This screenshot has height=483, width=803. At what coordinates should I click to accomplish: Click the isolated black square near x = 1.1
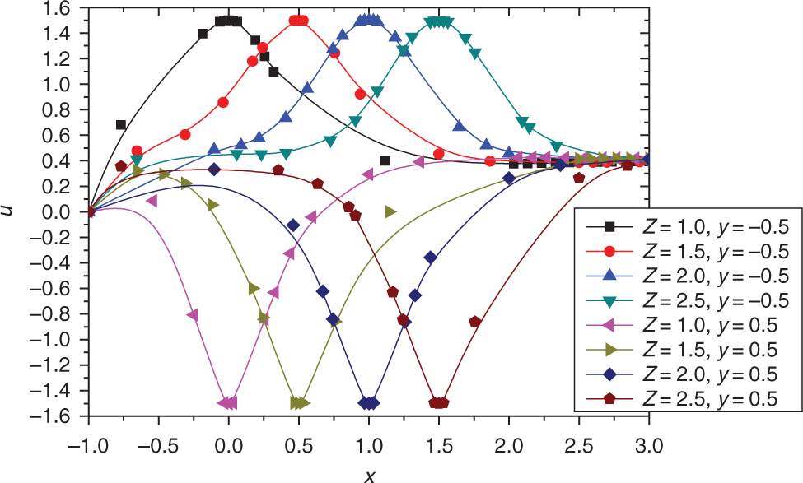385,161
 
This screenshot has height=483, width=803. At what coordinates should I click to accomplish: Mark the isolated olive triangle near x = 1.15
390,212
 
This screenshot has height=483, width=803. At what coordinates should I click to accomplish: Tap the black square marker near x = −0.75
121,125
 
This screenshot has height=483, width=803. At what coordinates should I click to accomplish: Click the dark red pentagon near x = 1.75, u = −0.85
474,322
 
